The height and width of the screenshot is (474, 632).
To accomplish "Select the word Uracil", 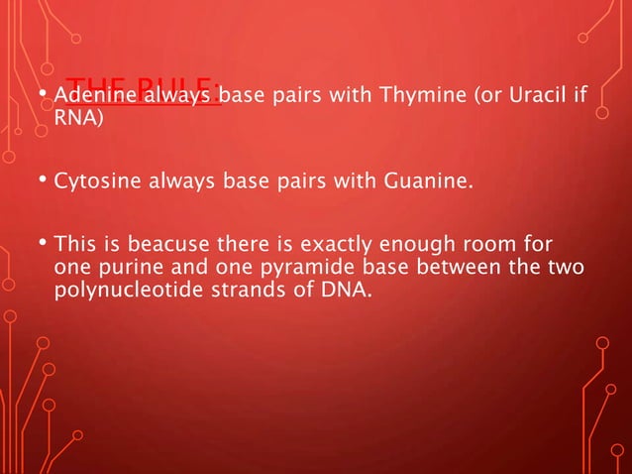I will tap(538, 97).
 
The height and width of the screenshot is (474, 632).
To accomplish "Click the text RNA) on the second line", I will tap(76, 120).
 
